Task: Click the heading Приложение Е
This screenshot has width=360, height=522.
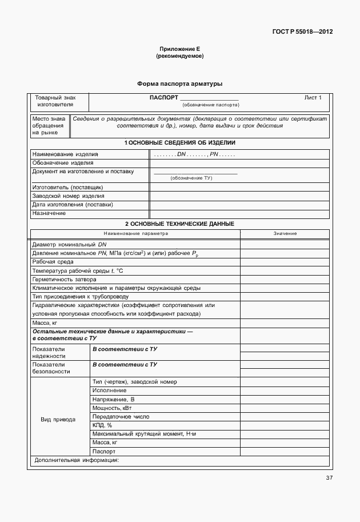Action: [x=179, y=50]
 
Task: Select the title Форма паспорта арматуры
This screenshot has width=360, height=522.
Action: [x=179, y=84]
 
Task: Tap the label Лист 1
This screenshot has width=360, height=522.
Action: [x=313, y=98]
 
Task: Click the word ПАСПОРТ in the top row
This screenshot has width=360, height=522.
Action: [x=163, y=98]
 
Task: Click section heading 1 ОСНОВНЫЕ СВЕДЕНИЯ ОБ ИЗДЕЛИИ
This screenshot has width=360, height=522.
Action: [x=179, y=143]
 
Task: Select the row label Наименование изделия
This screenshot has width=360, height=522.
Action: [x=65, y=154]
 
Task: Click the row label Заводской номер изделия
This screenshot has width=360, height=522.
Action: [x=68, y=196]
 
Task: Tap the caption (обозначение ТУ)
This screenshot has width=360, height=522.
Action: [x=191, y=178]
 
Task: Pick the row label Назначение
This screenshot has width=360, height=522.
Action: [x=49, y=213]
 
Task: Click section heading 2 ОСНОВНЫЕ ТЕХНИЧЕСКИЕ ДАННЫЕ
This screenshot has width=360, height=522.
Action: [x=179, y=224]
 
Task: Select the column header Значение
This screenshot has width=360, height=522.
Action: [x=285, y=234]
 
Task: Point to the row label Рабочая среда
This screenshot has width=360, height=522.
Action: [x=53, y=261]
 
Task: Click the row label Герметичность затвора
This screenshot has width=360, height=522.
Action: [x=64, y=279]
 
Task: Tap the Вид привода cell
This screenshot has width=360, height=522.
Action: [x=58, y=420]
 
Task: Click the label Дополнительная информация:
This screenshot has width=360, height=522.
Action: [x=76, y=460]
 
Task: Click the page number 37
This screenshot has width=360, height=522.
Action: [x=329, y=478]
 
